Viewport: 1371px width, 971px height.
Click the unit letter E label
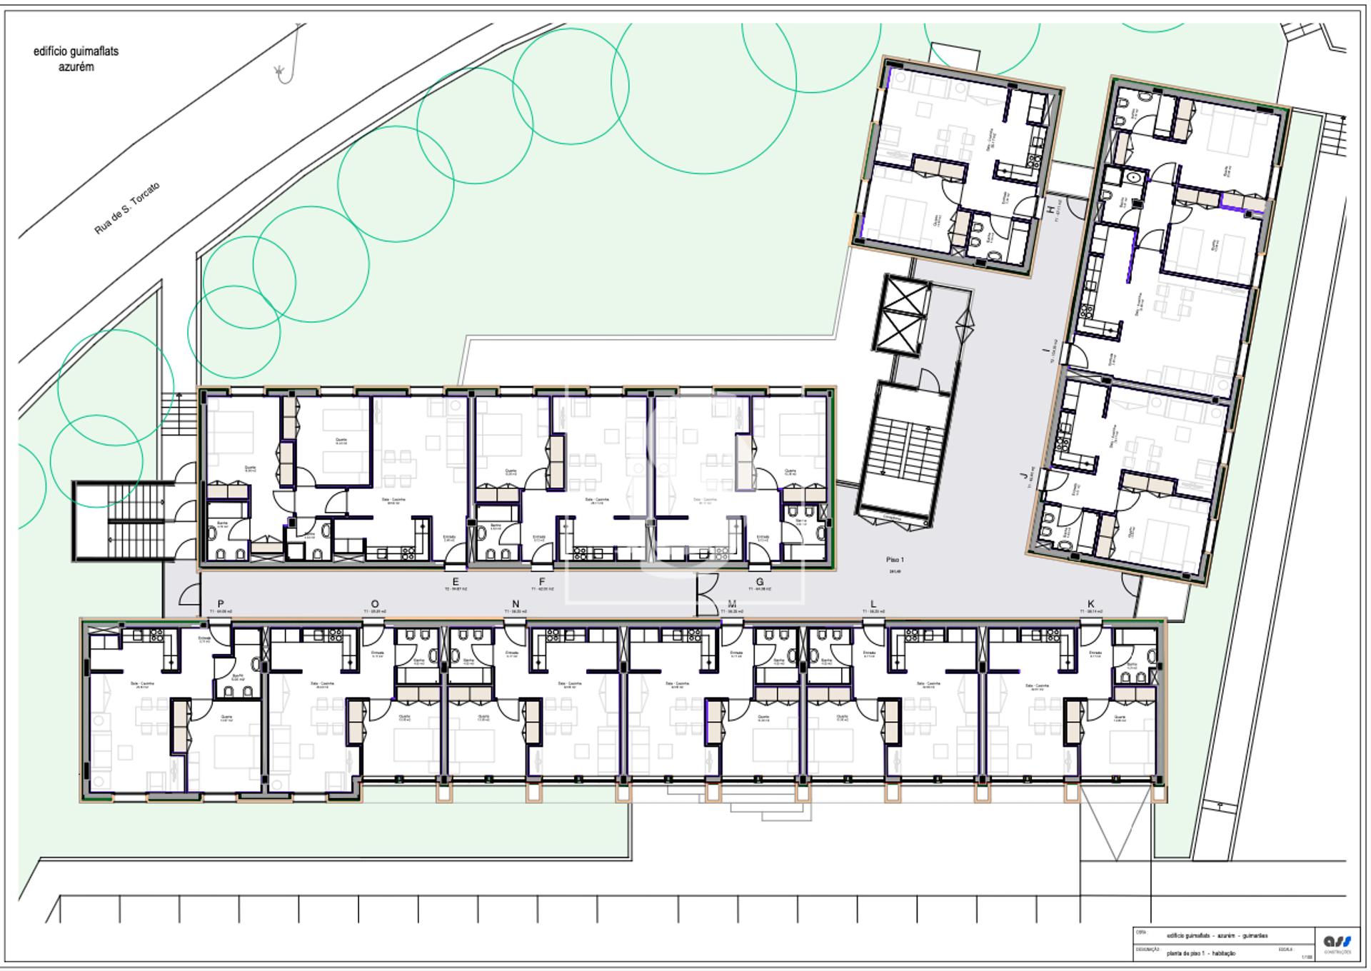pyautogui.click(x=456, y=582)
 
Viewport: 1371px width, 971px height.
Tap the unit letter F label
pyautogui.click(x=543, y=582)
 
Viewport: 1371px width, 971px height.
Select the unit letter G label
pyautogui.click(x=760, y=582)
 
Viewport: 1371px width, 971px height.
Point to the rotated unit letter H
pyautogui.click(x=1050, y=208)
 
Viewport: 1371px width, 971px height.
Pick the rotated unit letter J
pyautogui.click(x=1024, y=474)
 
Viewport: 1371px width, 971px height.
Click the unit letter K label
pyautogui.click(x=1091, y=604)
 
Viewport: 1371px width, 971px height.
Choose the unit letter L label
pyautogui.click(x=873, y=604)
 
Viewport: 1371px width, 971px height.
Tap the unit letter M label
pyautogui.click(x=732, y=604)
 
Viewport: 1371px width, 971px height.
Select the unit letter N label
pyautogui.click(x=516, y=604)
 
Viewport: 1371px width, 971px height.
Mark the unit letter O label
pyautogui.click(x=375, y=604)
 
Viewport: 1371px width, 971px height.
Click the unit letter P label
pyautogui.click(x=221, y=604)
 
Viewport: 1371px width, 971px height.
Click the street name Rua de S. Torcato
pyautogui.click(x=127, y=208)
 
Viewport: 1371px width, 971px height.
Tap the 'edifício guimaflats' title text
pyautogui.click(x=76, y=51)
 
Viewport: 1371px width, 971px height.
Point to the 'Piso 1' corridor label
pyautogui.click(x=894, y=560)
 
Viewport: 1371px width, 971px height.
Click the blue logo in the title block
pyautogui.click(x=1337, y=942)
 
